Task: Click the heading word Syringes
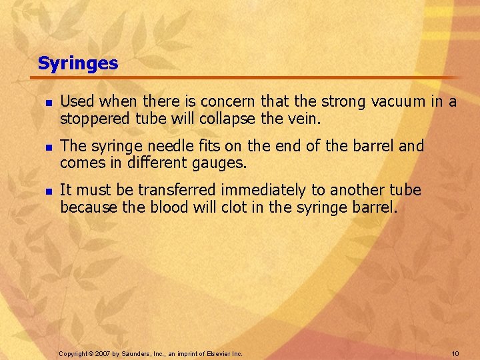78,64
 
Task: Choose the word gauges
219,163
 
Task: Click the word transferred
163,190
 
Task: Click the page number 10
455,353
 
